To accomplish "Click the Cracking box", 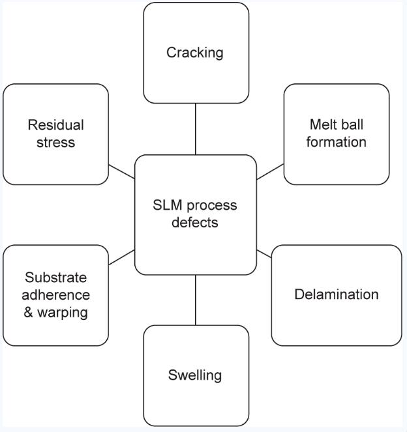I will (x=196, y=53).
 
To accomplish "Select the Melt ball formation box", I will (x=337, y=134).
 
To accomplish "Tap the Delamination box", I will (x=336, y=295).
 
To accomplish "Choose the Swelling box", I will (x=196, y=375).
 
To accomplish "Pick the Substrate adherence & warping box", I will (x=55, y=295).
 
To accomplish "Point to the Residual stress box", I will (x=55, y=134).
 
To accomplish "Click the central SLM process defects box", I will (x=195, y=214).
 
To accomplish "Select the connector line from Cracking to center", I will (x=196, y=128).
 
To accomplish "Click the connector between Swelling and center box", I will (x=196, y=300).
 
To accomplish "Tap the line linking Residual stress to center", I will (x=121, y=171).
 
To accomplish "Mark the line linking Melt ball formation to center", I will (x=270, y=171).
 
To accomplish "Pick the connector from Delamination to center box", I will (x=264, y=253).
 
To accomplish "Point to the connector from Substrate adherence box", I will (x=121, y=257).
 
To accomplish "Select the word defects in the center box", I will (x=195, y=222).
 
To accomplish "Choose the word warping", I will (x=63, y=312).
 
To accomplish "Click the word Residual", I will (x=56, y=125).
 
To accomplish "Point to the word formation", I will (x=337, y=142).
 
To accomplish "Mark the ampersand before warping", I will (x=29, y=312).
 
